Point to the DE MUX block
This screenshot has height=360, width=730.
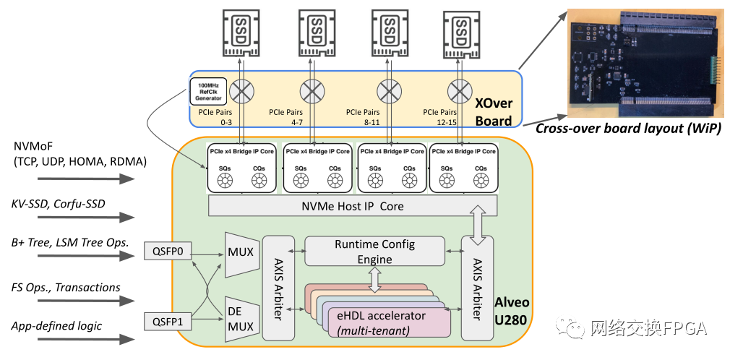[241, 319]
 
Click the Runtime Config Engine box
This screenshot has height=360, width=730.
[374, 252]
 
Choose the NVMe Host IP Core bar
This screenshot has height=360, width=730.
[353, 206]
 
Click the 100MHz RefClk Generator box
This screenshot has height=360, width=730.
[208, 91]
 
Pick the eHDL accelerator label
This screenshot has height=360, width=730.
[382, 316]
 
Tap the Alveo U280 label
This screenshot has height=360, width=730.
[511, 311]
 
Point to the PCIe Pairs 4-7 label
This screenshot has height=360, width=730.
[285, 117]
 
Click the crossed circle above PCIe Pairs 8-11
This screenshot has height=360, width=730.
[387, 91]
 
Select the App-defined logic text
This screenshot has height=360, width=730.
[57, 325]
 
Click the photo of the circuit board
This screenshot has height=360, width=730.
[648, 64]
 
